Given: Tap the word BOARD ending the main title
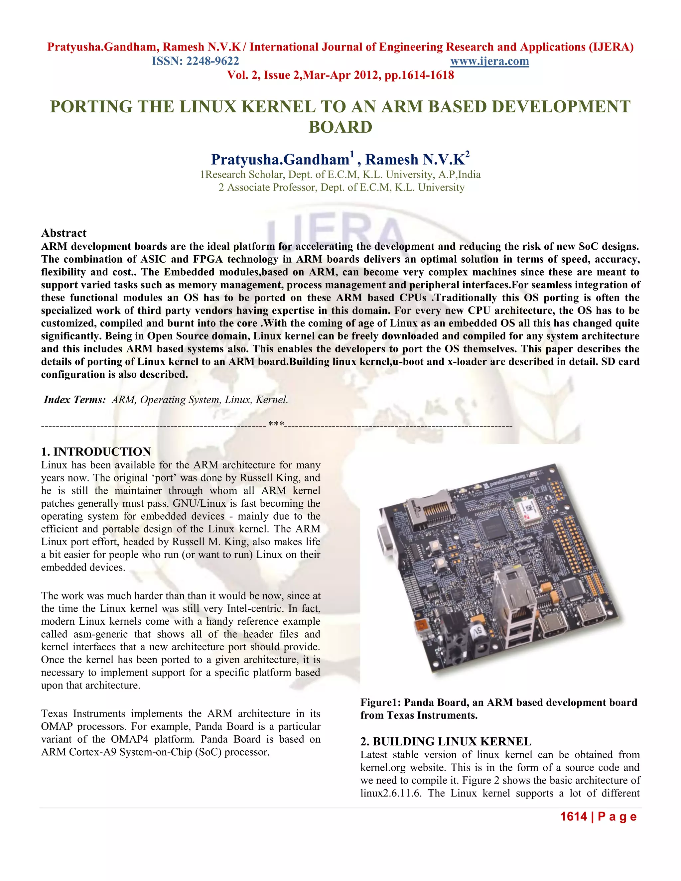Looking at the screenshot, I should coord(340,127).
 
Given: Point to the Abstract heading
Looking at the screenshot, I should coord(64,233).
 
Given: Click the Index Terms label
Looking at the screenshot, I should coord(74,400).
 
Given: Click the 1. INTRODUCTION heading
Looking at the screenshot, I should coord(96,452).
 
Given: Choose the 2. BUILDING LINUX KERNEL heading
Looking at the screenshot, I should coord(446,742).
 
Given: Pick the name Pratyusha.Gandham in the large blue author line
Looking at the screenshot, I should coord(280,160).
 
